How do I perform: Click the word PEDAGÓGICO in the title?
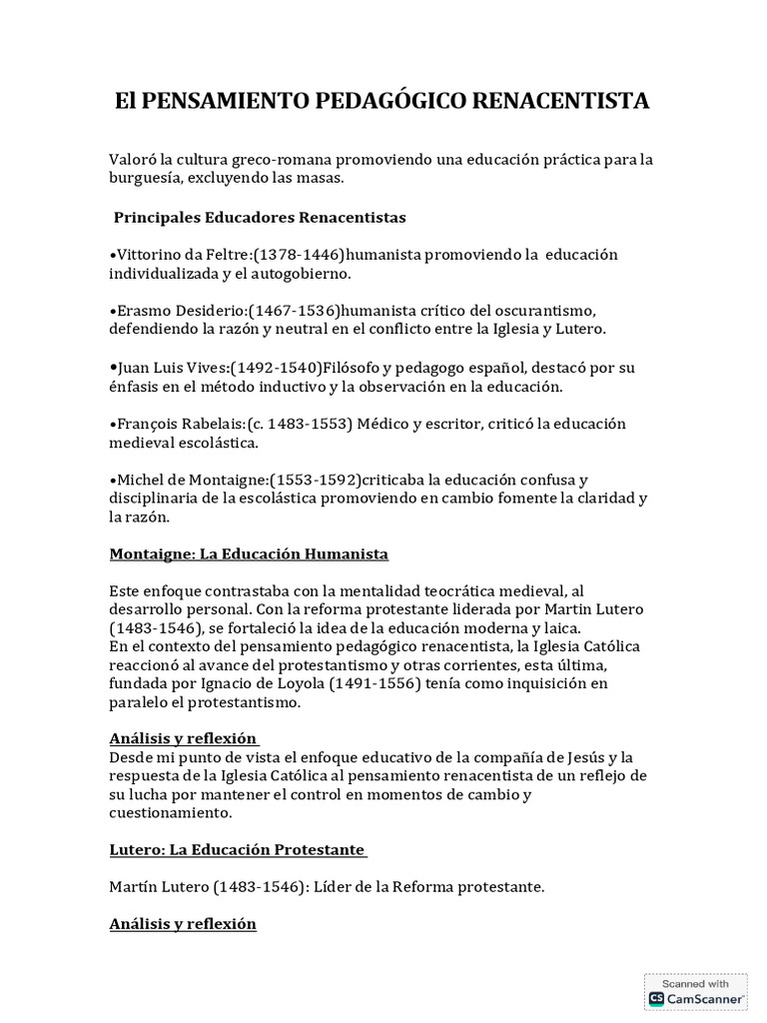pos(383,101)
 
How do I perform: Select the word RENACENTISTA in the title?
pos(554,101)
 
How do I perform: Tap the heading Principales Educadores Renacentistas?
pos(260,217)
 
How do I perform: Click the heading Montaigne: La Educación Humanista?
pos(249,553)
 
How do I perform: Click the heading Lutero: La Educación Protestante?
pos(238,850)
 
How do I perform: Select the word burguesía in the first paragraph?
pos(148,178)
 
